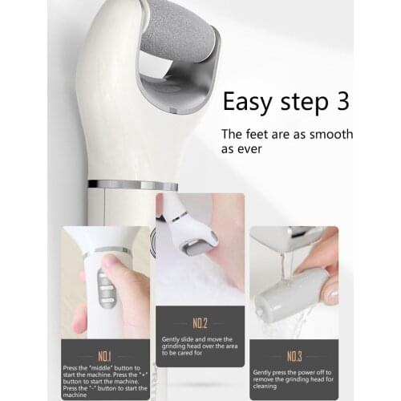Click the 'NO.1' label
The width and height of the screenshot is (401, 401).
(x=105, y=355)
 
